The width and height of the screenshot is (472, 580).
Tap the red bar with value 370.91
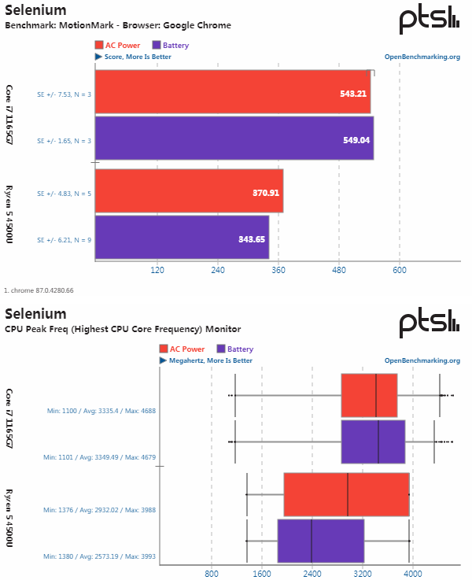pyautogui.click(x=189, y=191)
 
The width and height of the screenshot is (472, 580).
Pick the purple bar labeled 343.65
pyautogui.click(x=182, y=237)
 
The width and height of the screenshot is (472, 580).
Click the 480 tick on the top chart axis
pyautogui.click(x=339, y=271)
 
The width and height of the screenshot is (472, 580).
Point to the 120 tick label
pyautogui.click(x=157, y=271)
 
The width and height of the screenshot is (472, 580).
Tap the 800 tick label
pyautogui.click(x=211, y=572)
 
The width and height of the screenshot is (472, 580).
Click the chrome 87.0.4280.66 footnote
pyautogui.click(x=39, y=290)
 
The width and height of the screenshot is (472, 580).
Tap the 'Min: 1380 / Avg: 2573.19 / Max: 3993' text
pyautogui.click(x=99, y=556)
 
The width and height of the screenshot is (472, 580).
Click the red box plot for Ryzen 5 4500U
pyautogui.click(x=346, y=494)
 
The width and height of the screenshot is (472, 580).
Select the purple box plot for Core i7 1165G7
pyautogui.click(x=373, y=442)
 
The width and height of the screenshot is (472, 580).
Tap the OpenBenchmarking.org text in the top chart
pyautogui.click(x=422, y=57)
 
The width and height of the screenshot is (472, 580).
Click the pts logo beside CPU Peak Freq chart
pyautogui.click(x=429, y=323)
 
